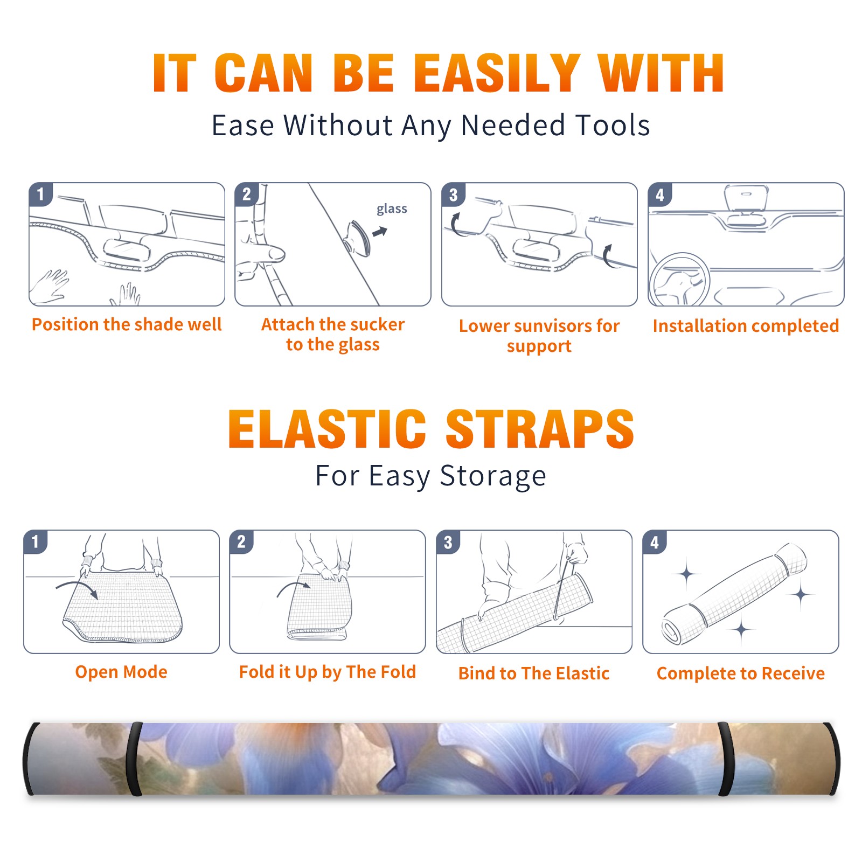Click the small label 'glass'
392,209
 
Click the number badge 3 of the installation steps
453,194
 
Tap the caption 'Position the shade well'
127,324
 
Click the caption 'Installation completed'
746,326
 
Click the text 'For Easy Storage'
430,476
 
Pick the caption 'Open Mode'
121,672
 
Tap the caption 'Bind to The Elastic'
534,673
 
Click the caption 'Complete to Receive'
741,673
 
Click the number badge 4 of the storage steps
655,542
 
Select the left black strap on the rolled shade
135,759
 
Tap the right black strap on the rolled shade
725,759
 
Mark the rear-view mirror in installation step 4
746,198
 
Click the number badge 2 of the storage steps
241,542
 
